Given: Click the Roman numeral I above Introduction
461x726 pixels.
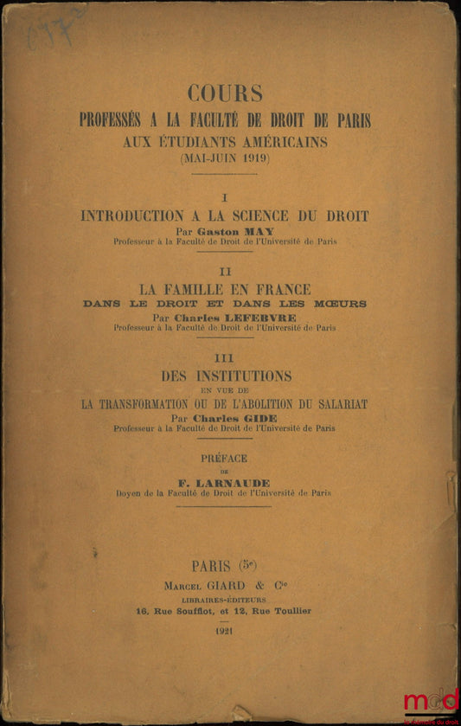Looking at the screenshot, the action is coord(225,198).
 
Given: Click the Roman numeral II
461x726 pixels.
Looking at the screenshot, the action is coord(225,272).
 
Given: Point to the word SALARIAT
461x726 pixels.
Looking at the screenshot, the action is coord(335,402).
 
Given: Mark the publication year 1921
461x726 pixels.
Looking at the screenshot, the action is coord(224,630).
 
